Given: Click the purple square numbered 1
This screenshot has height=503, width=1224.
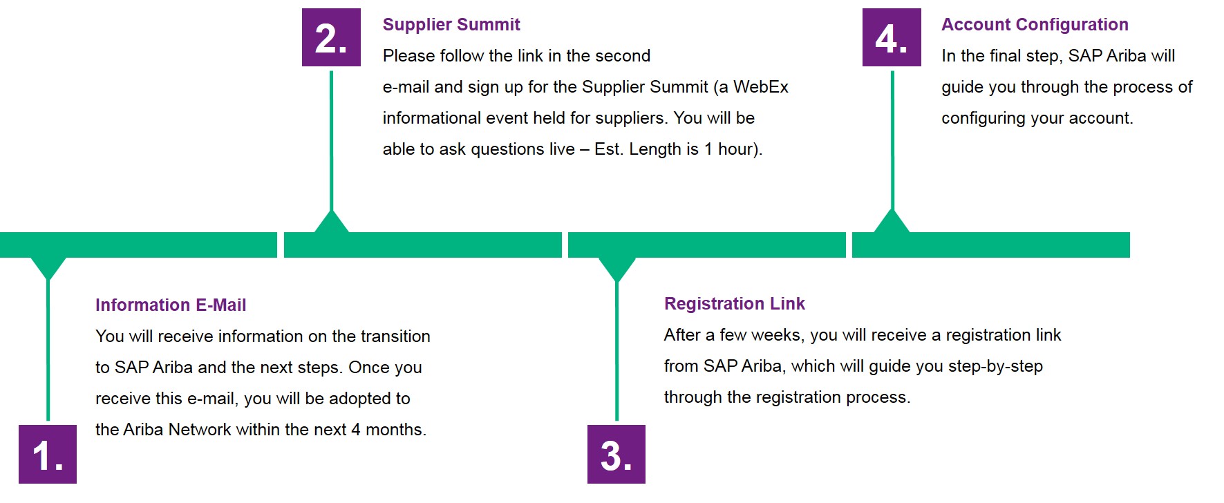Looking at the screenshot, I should (48, 454).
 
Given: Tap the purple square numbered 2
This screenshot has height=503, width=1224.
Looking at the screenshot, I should (331, 37).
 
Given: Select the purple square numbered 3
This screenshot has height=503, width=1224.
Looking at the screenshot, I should (616, 454).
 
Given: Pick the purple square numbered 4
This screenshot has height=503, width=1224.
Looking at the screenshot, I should (892, 37).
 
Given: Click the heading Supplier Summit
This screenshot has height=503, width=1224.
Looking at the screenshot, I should (451, 25).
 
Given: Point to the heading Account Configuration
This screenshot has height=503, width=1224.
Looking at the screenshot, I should (1035, 25).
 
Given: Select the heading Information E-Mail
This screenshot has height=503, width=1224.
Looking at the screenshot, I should (171, 305).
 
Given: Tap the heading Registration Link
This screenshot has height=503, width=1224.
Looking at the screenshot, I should (735, 304).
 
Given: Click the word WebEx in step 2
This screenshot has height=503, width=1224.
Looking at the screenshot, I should (760, 87).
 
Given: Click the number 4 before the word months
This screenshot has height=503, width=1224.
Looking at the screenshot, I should (355, 430).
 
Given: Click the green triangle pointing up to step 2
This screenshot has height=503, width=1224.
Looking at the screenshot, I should (332, 223).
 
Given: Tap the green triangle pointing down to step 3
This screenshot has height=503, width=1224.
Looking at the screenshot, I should (616, 268).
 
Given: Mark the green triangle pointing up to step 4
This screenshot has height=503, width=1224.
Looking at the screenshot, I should (892, 223).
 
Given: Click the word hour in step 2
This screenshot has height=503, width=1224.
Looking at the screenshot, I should (737, 149).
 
